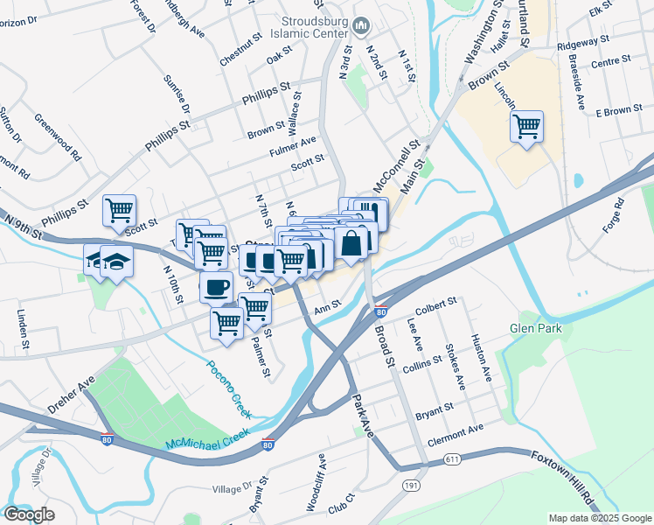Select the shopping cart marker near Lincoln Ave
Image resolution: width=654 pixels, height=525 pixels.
526,126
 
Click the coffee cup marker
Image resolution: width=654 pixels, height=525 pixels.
216,286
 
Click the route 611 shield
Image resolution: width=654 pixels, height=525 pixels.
452,458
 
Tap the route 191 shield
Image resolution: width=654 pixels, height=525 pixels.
412,485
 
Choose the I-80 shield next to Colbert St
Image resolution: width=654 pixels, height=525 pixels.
379,311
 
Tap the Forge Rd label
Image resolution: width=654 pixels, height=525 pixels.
616,213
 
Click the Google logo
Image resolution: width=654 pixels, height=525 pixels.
29,514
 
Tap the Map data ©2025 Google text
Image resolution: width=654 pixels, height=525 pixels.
600,518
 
